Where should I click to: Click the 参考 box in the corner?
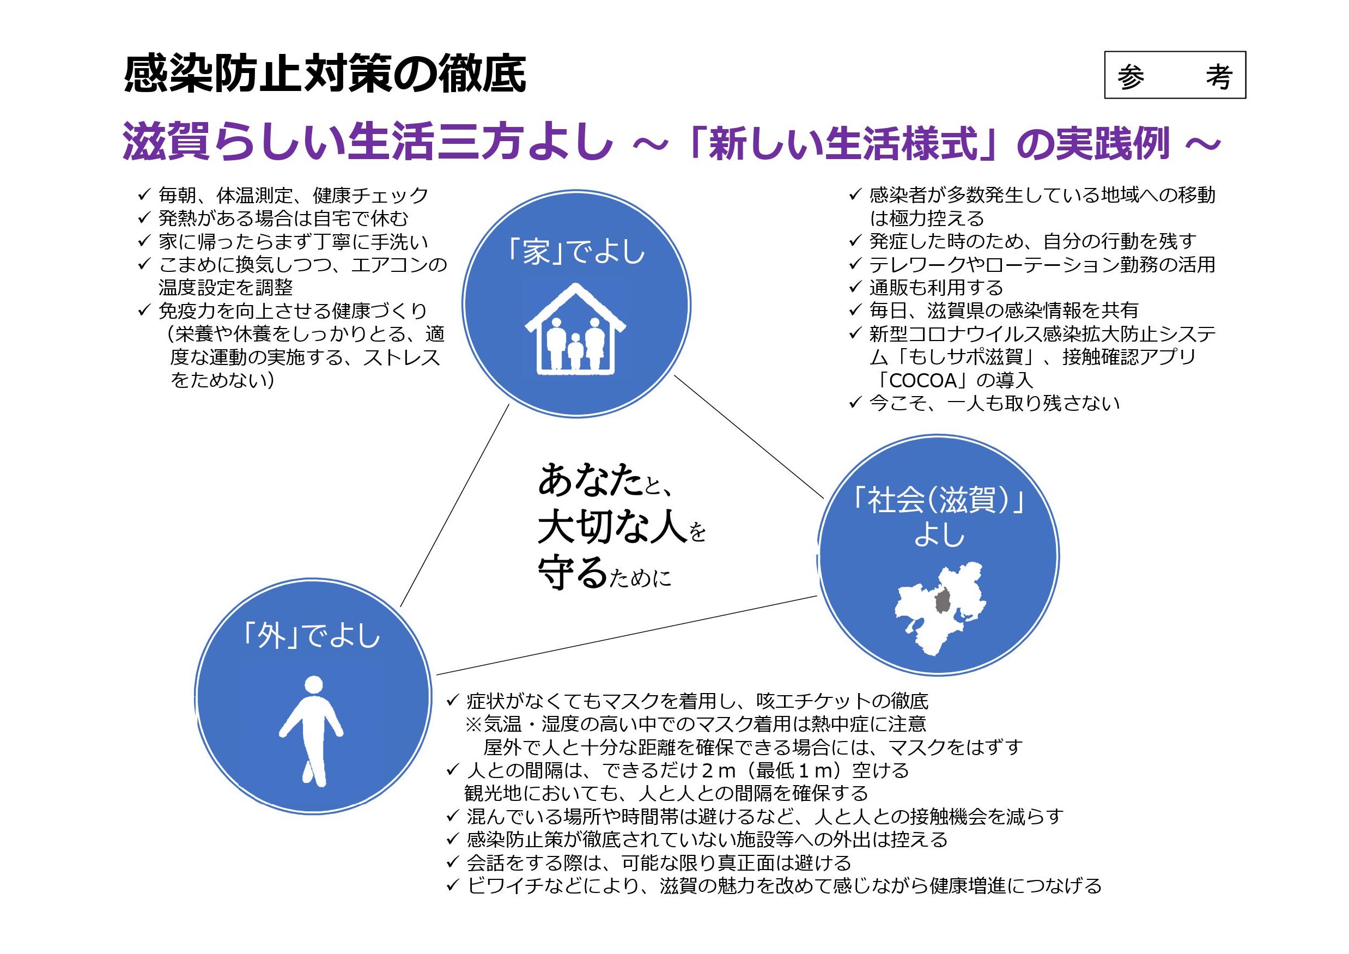(1175, 75)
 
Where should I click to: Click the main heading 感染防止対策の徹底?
(325, 75)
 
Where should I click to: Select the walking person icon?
(312, 731)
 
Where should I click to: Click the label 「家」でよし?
(576, 253)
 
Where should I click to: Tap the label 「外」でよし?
(312, 636)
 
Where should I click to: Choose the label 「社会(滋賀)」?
(938, 501)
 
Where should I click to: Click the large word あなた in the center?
(591, 480)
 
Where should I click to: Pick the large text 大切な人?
(612, 526)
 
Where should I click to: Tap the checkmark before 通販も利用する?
(855, 287)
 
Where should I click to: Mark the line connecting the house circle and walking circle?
(454, 505)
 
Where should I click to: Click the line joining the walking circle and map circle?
(627, 635)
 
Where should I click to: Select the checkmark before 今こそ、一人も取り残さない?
(855, 403)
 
